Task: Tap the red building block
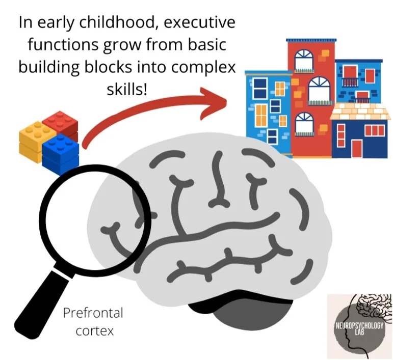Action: point(60,123)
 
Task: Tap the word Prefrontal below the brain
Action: point(93,312)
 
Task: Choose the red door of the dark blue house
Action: point(357,148)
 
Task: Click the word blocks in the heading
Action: point(138,68)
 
